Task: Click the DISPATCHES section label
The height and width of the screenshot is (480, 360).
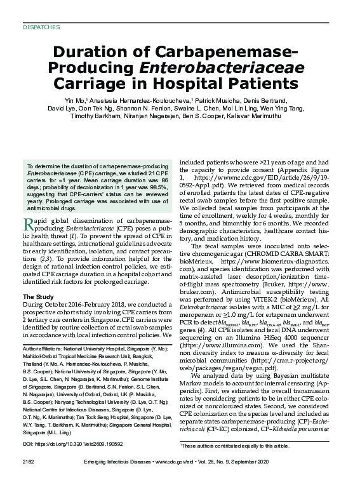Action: point(41,27)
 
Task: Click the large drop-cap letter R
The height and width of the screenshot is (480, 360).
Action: point(29,224)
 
